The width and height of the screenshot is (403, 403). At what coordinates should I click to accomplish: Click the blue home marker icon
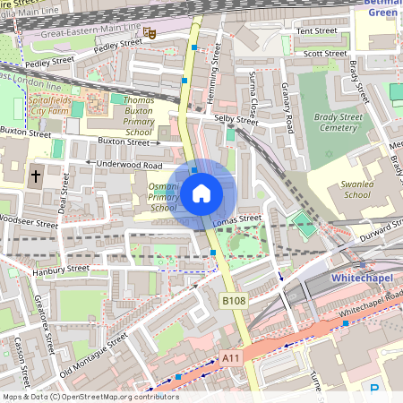click(x=201, y=193)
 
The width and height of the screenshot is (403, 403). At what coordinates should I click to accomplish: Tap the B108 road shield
click(x=234, y=302)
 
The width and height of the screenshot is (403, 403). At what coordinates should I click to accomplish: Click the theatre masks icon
click(x=150, y=33)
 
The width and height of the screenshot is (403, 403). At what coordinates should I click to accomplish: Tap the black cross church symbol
click(x=37, y=176)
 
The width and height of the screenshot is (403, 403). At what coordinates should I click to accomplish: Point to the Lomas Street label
click(x=236, y=219)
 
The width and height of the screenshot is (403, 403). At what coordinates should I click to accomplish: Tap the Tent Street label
click(x=316, y=30)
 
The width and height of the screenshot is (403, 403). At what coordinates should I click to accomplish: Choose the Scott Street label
click(x=325, y=54)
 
